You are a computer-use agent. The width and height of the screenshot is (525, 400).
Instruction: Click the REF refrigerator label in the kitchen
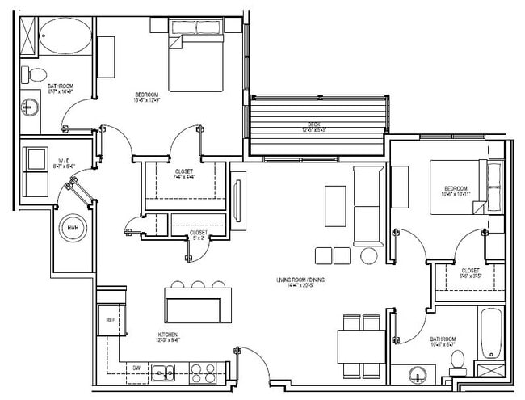click(x=111, y=321)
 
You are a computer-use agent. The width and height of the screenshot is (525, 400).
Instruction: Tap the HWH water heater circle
click(x=73, y=229)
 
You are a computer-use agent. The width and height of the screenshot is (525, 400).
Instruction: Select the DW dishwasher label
click(x=136, y=368)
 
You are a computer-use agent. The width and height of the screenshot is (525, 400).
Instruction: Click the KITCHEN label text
click(x=169, y=334)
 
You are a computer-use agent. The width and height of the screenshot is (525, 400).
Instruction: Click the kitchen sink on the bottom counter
click(x=166, y=373)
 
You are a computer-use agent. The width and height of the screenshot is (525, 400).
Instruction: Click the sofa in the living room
click(x=368, y=205)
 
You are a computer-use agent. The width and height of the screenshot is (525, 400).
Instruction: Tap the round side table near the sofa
click(x=368, y=255)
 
